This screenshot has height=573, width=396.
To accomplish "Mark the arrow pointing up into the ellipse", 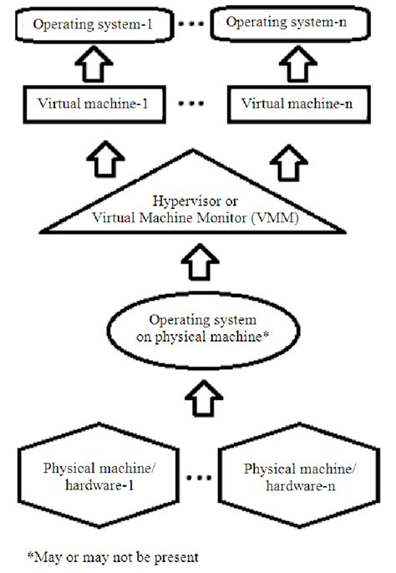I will point(198,393).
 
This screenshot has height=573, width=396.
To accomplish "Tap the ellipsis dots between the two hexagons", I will point(198,479).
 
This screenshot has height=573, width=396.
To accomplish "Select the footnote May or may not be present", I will point(111,554).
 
